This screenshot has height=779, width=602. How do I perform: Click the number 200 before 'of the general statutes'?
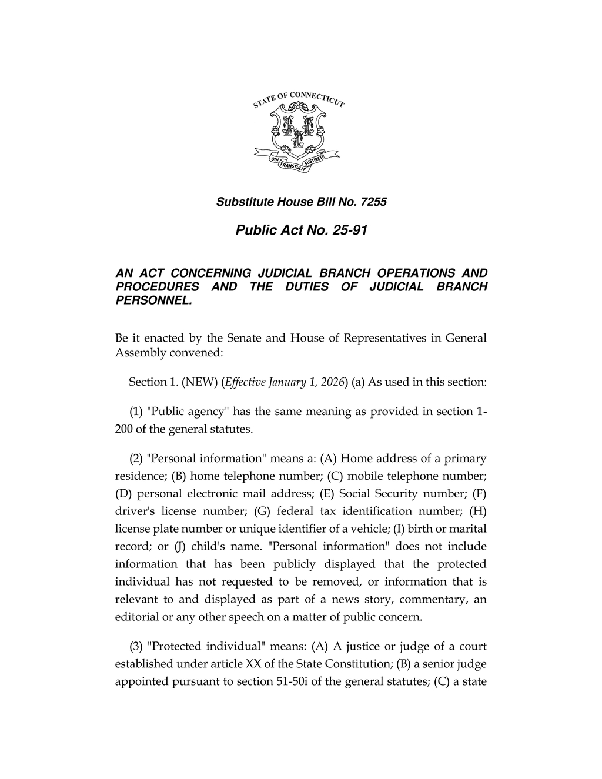[x=124, y=429]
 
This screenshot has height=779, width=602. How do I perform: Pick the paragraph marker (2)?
[x=136, y=459]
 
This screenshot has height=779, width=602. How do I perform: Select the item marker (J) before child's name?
[x=182, y=547]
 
